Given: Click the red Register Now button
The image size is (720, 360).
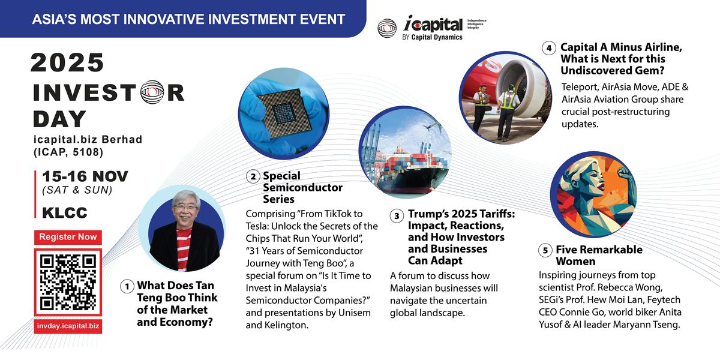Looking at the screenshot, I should [x=68, y=237].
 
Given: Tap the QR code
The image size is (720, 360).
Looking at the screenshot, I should [x=68, y=282].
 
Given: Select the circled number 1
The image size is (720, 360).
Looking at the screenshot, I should [x=127, y=287].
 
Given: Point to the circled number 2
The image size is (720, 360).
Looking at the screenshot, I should [x=254, y=176].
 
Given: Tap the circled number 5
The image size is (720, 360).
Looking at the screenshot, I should [x=545, y=250].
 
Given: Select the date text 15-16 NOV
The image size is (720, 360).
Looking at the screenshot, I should [x=85, y=177].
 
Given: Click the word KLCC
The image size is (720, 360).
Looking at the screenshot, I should [x=64, y=212].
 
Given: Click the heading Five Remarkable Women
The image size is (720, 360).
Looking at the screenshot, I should [x=590, y=255].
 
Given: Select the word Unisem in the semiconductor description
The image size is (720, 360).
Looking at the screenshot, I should [x=354, y=313].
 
